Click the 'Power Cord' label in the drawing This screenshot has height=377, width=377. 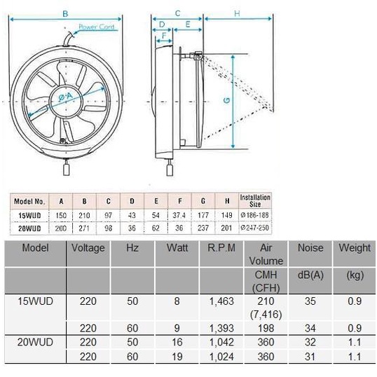[x=96, y=27]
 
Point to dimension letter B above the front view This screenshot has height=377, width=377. [x=65, y=13]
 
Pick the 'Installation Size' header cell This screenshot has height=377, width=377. [x=255, y=200]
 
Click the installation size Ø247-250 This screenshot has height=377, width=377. [x=256, y=228]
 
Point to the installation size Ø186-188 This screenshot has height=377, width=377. [x=256, y=215]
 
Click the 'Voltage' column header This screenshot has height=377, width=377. [x=88, y=248]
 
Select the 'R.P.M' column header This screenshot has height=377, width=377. [x=221, y=248]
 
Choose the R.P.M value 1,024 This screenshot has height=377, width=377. [x=221, y=357]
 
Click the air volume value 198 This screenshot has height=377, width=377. [x=266, y=329]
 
